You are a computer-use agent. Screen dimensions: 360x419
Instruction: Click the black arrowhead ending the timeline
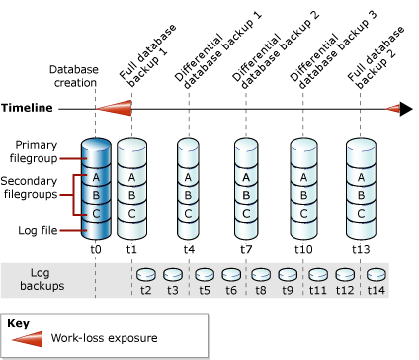pos(405,108)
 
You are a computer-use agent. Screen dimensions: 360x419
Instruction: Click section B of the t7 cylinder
pos(246,194)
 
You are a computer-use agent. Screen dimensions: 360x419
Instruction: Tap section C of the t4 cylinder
pos(190,212)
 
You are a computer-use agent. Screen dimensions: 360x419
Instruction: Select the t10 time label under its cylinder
pos(302,249)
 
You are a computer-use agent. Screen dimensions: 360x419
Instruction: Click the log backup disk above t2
pos(146,274)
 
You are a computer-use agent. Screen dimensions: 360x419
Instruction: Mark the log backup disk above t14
pos(377,274)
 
